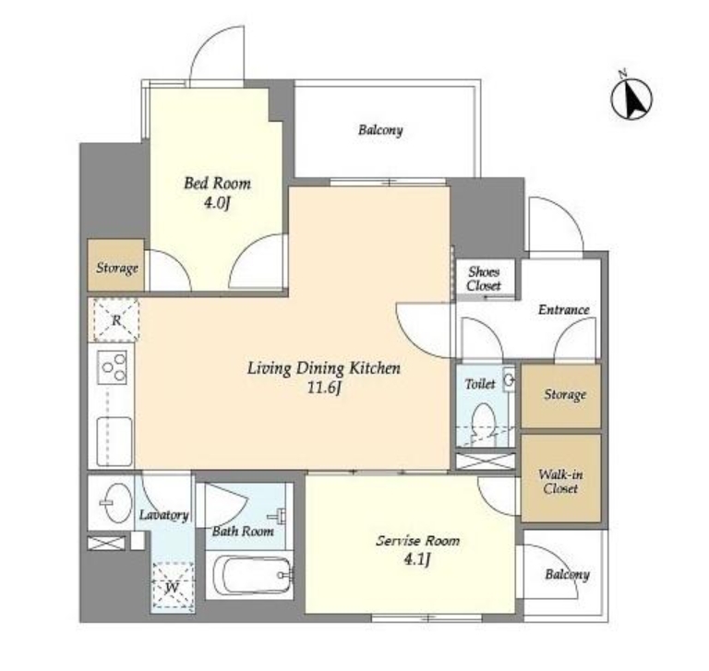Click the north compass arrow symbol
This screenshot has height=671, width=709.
(631, 97)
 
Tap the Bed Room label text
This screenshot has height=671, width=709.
(217, 183)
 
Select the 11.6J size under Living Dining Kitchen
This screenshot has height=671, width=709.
(324, 388)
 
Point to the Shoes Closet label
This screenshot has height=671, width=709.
(484, 279)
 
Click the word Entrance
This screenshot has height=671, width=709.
(563, 310)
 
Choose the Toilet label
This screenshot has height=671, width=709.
(480, 384)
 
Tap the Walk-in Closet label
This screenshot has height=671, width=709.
(560, 482)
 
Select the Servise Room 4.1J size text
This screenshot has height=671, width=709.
(416, 559)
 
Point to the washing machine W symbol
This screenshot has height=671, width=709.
(173, 586)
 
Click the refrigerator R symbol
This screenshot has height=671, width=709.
(115, 319)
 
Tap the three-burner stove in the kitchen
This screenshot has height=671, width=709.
(113, 367)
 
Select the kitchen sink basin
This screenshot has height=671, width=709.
(114, 441)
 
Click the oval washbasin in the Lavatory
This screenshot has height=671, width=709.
(116, 503)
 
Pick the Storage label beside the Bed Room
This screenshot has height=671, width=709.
(117, 268)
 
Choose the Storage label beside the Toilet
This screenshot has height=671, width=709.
(565, 395)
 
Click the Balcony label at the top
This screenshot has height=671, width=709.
(380, 130)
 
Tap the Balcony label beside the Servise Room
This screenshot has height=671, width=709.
(567, 574)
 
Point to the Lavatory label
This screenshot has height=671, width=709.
(163, 515)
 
